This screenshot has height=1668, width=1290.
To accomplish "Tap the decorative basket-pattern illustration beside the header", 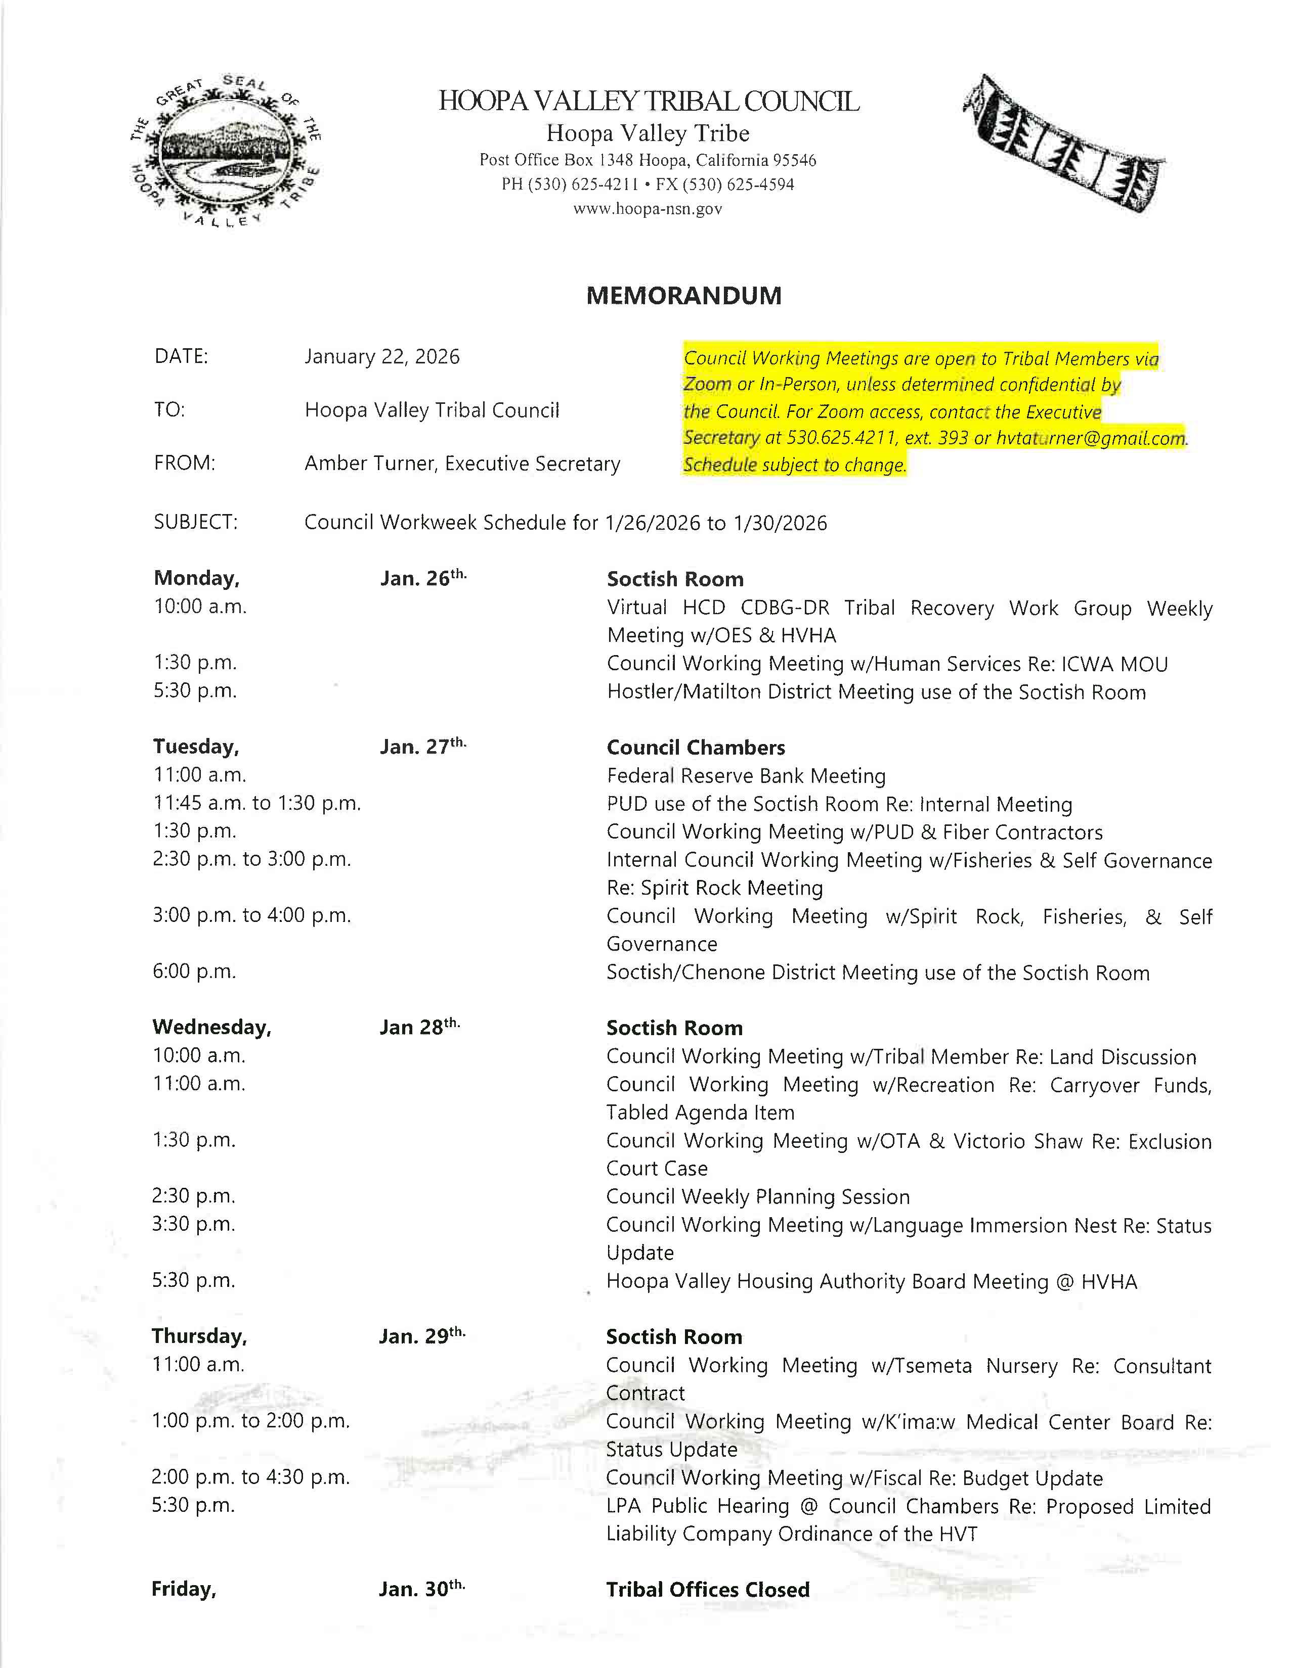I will click(1062, 143).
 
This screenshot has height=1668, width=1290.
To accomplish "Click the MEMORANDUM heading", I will click(683, 296).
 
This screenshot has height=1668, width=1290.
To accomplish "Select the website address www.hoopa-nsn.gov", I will click(648, 208).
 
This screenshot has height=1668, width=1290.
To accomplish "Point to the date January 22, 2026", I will click(381, 357).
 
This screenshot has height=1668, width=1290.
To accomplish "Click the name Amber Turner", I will click(368, 464).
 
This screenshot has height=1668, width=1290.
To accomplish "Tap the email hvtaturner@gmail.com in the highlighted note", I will click(1091, 438).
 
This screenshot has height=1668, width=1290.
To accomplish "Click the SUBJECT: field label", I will click(196, 523).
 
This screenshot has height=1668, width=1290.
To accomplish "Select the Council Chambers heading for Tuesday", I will click(696, 747).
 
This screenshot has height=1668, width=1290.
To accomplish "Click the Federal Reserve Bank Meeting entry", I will click(746, 776).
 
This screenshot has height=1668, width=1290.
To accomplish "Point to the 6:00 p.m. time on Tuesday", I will click(194, 971).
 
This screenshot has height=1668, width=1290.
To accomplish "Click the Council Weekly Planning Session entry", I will click(757, 1196).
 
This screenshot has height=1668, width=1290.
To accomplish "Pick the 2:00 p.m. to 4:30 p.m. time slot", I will click(250, 1477).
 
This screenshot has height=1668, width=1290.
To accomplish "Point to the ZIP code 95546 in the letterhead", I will click(794, 160).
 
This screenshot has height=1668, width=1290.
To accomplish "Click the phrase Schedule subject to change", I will click(794, 465).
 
